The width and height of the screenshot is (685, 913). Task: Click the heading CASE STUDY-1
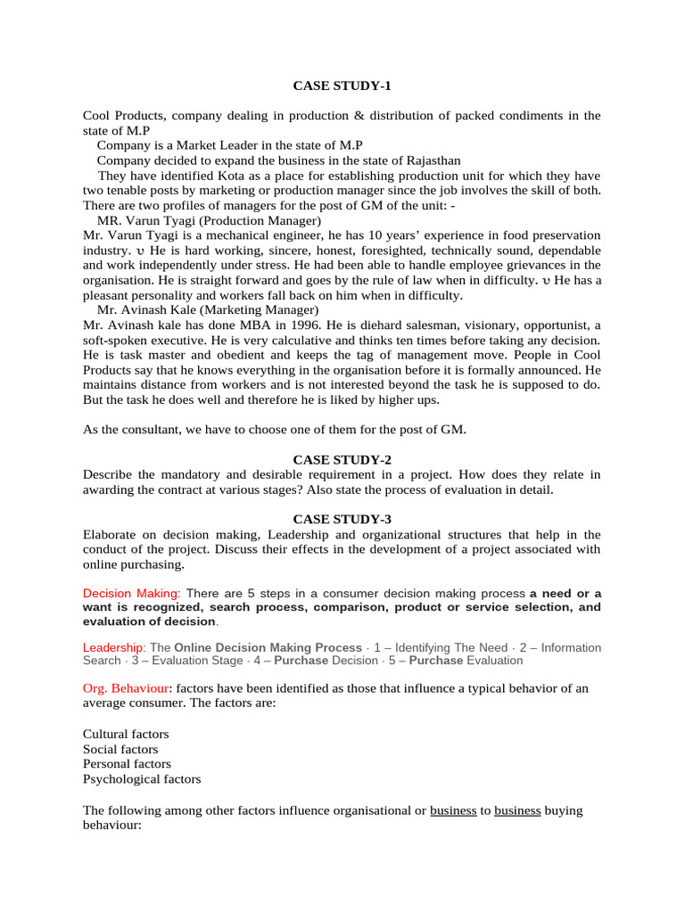(x=342, y=86)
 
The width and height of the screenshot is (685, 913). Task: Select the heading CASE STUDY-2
(x=342, y=459)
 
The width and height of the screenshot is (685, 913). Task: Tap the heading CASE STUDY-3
(x=342, y=519)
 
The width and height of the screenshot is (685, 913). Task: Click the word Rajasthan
(x=432, y=160)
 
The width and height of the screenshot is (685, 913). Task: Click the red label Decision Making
(x=131, y=593)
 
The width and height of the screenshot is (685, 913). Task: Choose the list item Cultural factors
(x=126, y=734)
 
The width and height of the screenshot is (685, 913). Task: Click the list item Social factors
(x=120, y=749)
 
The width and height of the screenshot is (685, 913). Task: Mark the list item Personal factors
(x=127, y=764)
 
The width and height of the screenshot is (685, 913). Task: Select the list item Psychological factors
(x=142, y=779)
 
